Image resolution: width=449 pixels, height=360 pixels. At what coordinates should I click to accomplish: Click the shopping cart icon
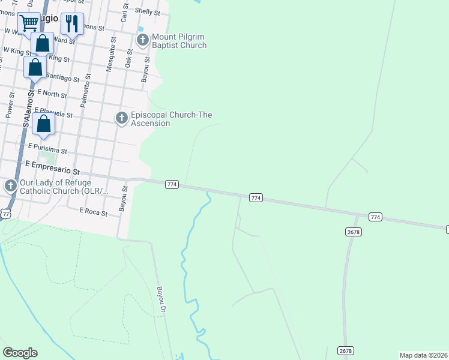pyautogui.click(x=29, y=23)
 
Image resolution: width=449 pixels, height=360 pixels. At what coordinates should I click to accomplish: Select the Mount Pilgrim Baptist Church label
pyautogui.click(x=179, y=41)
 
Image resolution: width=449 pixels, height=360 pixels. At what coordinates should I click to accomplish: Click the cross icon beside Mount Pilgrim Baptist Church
pyautogui.click(x=142, y=41)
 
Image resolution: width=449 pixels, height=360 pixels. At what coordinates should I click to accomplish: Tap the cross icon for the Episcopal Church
pyautogui.click(x=122, y=118)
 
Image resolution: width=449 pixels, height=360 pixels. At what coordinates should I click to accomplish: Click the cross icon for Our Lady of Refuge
pyautogui.click(x=11, y=186)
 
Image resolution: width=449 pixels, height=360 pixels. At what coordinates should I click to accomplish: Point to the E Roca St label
pyautogui.click(x=94, y=212)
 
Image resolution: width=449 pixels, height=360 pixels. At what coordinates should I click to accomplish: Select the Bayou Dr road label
pyautogui.click(x=161, y=300)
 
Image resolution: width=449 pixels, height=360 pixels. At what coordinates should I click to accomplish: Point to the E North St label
pyautogui.click(x=52, y=94)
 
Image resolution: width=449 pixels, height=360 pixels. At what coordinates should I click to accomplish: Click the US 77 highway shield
pyautogui.click(x=6, y=214)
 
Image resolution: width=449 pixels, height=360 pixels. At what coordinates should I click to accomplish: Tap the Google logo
pyautogui.click(x=20, y=353)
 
